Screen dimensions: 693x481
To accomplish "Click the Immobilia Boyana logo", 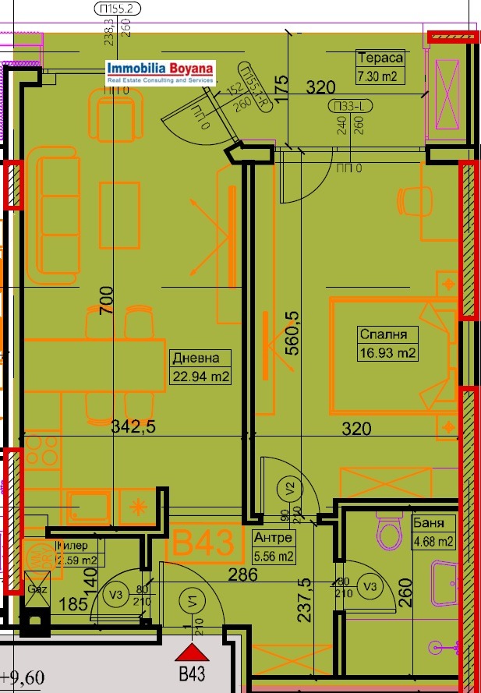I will [x=161, y=72].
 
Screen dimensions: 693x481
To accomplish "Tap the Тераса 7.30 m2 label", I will [x=380, y=67].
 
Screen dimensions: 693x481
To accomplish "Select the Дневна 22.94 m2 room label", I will [x=200, y=368].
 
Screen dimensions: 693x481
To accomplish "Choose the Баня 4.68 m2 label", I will [x=433, y=532].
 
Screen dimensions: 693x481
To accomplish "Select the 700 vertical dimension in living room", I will [x=107, y=301].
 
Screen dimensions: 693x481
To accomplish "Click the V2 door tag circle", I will [x=289, y=490].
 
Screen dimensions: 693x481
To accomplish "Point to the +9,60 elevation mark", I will [x=23, y=677].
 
